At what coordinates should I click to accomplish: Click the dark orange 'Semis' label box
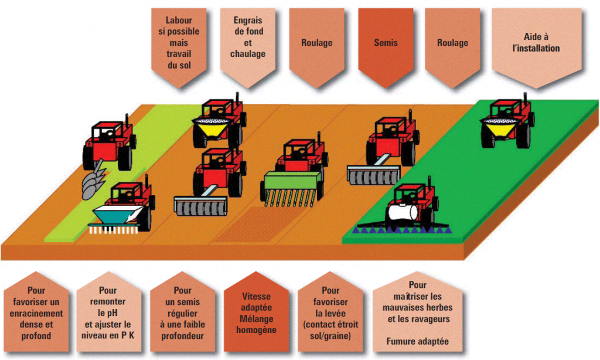click(386, 44)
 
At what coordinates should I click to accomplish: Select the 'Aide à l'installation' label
click(536, 44)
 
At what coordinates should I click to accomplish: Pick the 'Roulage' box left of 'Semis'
click(317, 44)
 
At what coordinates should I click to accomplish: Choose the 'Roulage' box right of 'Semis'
click(452, 44)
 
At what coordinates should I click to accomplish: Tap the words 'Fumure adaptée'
click(417, 341)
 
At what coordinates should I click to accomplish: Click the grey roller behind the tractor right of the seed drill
click(373, 174)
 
